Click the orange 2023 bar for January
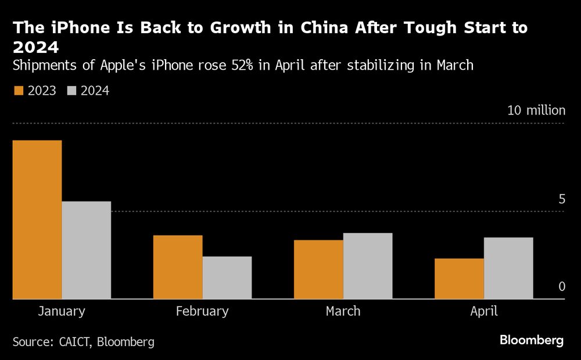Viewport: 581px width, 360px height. click(x=37, y=219)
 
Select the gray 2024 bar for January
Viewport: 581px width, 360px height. click(x=86, y=250)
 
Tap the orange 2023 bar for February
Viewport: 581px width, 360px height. click(x=178, y=267)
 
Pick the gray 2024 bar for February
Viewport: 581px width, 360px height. click(x=227, y=278)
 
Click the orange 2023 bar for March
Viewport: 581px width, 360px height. click(x=318, y=269)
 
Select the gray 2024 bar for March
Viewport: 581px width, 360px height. click(x=368, y=266)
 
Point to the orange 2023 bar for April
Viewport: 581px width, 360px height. click(x=459, y=279)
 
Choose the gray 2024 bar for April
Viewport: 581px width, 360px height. click(x=508, y=268)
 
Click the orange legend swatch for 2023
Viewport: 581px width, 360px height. click(x=17, y=91)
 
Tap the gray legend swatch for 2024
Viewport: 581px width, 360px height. click(x=71, y=91)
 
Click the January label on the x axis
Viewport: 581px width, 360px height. click(x=62, y=311)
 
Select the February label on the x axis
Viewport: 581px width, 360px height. click(x=202, y=311)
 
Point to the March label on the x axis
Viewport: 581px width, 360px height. click(x=343, y=311)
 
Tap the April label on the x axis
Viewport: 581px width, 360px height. click(x=483, y=311)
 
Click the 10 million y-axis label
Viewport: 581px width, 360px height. click(x=536, y=110)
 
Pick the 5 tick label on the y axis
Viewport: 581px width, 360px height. click(x=561, y=199)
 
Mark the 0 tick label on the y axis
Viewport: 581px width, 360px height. click(x=561, y=287)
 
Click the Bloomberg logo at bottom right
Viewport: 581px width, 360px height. click(x=532, y=340)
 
